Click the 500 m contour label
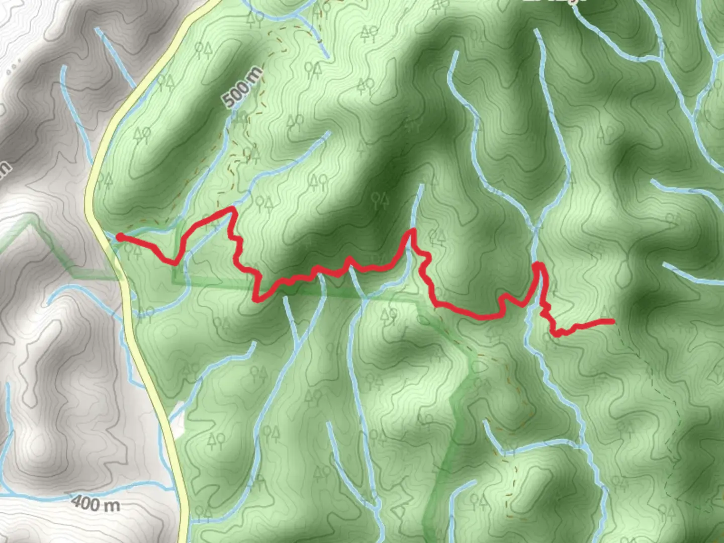[243, 87]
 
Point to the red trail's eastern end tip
[613, 321]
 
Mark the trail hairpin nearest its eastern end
[538, 264]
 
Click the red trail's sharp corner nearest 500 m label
[232, 208]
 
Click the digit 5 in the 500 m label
[230, 100]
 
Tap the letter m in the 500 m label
[255, 74]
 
